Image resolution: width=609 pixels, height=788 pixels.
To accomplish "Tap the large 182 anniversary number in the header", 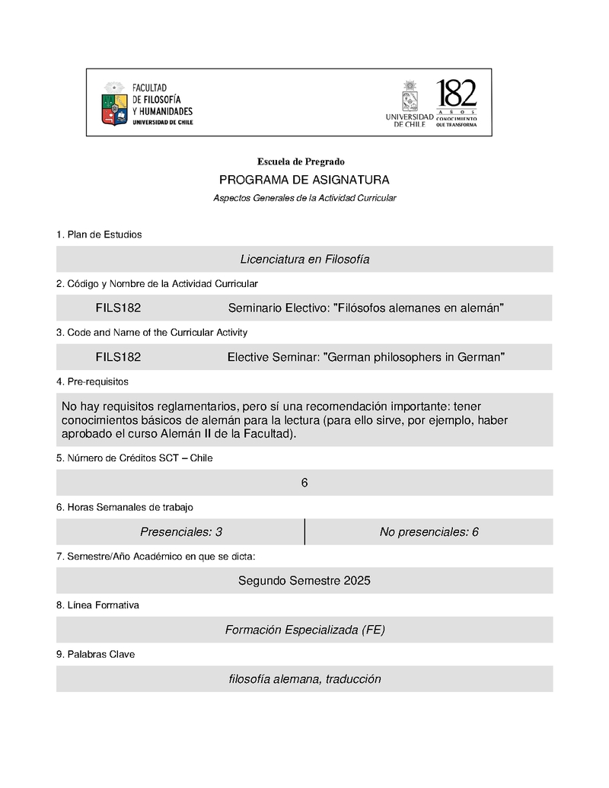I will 456,94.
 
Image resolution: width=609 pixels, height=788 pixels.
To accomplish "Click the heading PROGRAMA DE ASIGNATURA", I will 304,180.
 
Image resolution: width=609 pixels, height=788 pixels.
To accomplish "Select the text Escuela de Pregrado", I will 301,161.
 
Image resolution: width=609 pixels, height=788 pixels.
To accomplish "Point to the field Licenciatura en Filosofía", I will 304,259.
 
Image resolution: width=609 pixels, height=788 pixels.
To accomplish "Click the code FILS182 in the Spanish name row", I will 118,308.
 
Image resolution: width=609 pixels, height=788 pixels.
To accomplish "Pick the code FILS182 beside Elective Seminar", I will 118,357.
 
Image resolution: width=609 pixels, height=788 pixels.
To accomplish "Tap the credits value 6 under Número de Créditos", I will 304,483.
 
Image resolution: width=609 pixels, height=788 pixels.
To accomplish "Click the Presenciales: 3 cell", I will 181,532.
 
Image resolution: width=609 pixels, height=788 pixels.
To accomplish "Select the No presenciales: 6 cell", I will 429,532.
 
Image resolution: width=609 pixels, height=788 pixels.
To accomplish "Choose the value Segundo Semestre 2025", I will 304,581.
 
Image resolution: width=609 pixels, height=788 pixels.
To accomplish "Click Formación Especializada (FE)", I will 304,630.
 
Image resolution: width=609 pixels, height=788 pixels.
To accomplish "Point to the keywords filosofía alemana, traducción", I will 304,679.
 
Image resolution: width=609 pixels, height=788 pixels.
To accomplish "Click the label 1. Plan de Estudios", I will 99,234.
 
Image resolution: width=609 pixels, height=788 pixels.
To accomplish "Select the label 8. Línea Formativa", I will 97,605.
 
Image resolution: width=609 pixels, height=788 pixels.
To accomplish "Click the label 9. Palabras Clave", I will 95,654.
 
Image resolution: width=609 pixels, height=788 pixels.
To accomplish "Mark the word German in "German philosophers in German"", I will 351,357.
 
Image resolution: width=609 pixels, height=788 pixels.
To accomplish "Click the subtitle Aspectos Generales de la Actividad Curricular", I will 304,198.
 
